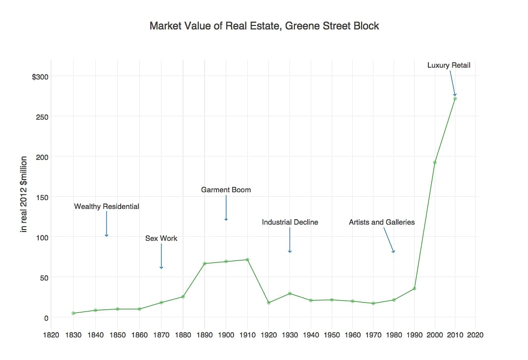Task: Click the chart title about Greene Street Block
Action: [264, 26]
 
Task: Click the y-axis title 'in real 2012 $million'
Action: [23, 195]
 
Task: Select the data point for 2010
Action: [455, 99]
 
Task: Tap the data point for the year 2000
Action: [435, 162]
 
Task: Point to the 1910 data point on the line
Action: [247, 259]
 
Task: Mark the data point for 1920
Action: [268, 303]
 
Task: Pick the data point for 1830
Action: [73, 313]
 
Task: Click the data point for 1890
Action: [205, 263]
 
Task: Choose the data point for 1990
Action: [414, 288]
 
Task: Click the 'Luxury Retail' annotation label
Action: [449, 65]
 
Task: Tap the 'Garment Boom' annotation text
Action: [226, 190]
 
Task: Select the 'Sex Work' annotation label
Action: [161, 238]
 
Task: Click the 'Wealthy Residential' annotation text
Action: [106, 206]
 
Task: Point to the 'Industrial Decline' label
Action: [290, 222]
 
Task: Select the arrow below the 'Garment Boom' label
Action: [226, 208]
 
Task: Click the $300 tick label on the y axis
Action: [39, 77]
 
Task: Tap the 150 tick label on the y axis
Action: [42, 197]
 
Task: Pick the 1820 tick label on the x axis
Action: [52, 335]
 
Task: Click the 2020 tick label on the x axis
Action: [475, 335]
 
